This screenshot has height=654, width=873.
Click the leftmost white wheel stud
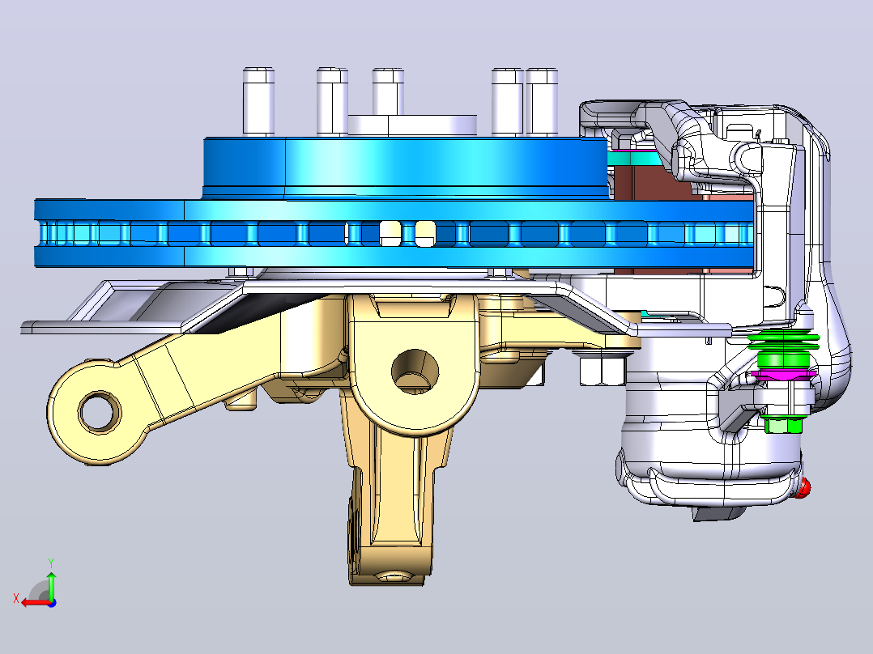(x=259, y=101)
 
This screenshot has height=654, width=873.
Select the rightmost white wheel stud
(x=542, y=101)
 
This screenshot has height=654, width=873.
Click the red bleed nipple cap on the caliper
(x=803, y=488)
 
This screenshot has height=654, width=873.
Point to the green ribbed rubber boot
(x=783, y=348)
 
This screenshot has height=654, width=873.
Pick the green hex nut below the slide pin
(x=783, y=425)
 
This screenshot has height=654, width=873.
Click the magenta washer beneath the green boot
(x=784, y=373)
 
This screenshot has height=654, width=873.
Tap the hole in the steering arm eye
(x=100, y=412)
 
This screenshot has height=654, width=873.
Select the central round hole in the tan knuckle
(x=415, y=372)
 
